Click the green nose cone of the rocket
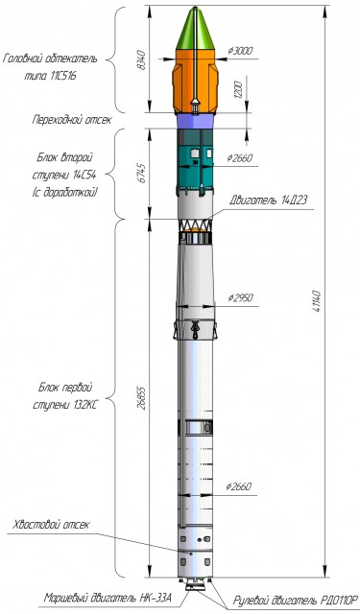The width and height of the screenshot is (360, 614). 195,30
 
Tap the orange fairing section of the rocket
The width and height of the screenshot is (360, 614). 195,82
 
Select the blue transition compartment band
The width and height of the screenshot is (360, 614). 195,121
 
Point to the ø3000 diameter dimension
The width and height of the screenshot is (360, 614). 240,51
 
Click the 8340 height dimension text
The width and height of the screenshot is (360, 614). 141,59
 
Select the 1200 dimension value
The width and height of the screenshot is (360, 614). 239,89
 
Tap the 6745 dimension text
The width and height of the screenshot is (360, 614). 141,173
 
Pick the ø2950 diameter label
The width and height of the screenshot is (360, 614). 240,298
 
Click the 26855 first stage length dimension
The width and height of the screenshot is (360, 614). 141,398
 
